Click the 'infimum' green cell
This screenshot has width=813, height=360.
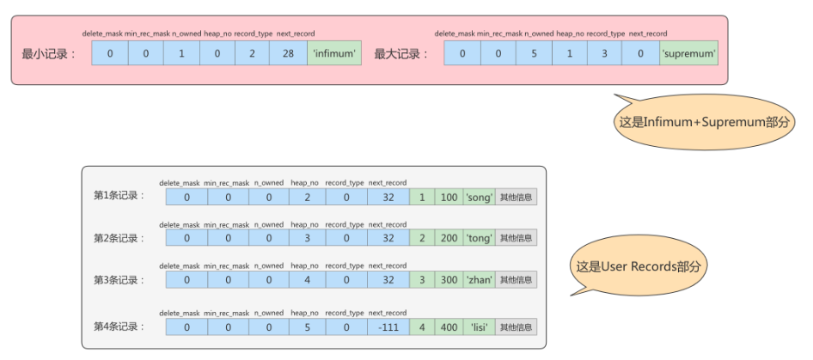pos(334,53)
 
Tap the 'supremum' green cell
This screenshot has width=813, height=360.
pos(689,53)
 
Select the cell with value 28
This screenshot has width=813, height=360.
pos(288,53)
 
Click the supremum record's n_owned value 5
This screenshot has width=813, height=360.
pos(534,53)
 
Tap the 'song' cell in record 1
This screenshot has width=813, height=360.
pos(479,197)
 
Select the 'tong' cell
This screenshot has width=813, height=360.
pos(479,238)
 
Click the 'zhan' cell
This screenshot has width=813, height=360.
pos(479,279)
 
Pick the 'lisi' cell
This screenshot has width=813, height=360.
pos(479,326)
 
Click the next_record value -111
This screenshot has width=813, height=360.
pos(388,326)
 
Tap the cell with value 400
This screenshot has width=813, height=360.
pos(449,326)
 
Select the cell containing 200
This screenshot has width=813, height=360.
pos(449,238)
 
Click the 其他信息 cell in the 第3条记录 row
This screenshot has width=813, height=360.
pos(516,279)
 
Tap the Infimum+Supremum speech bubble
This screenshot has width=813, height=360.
pos(704,121)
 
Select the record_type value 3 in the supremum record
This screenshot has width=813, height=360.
pos(604,53)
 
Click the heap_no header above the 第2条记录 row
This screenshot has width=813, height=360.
pos(305,224)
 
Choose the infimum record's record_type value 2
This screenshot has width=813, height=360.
pos(252,53)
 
